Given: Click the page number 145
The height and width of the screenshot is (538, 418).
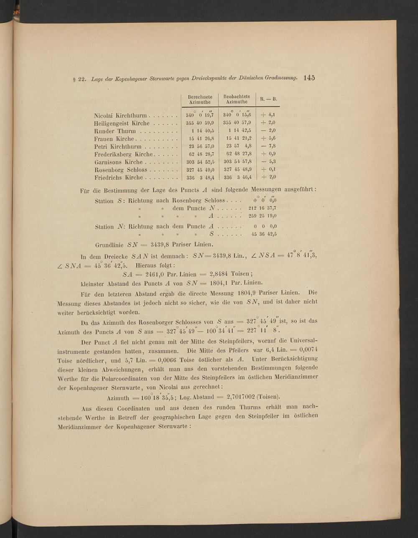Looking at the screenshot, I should coord(309,77).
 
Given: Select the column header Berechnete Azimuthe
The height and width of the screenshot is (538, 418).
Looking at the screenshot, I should coord(200,99).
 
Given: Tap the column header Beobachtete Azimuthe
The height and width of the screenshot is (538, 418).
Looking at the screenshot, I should coord(237,99).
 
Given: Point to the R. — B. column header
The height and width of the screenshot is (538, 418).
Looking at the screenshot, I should coord(269,99).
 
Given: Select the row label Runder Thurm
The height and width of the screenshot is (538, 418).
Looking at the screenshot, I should coord(115,131).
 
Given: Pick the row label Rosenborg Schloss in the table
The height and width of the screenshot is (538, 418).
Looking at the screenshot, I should coord(121,170).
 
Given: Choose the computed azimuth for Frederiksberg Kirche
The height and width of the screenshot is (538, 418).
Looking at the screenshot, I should coord(200,154).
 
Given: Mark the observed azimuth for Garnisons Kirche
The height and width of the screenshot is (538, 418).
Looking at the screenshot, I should coord(237,162).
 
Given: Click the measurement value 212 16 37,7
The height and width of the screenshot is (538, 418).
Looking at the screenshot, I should coord(262,208).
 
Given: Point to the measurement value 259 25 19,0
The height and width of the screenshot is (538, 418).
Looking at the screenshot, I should coord(262,216).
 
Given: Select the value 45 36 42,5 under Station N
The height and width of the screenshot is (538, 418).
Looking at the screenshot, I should coord(264,235).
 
